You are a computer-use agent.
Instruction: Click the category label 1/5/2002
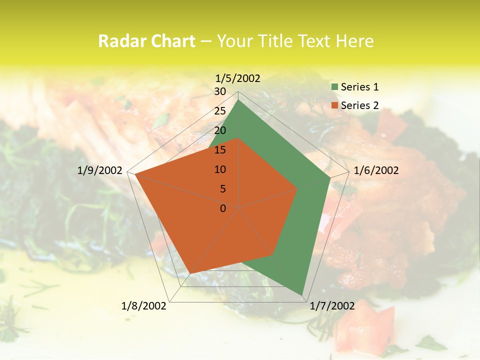[x=237, y=78]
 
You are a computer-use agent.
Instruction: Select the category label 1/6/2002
[x=376, y=171]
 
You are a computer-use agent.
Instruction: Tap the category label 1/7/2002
[x=332, y=306]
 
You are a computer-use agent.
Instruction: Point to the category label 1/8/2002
[x=144, y=306]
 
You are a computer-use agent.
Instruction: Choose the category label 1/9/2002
[x=99, y=171]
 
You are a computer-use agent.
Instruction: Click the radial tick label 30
[x=220, y=91]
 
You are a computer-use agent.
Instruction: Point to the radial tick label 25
[x=220, y=111]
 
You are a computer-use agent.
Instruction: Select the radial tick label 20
[x=220, y=130]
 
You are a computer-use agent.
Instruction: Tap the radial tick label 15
[x=220, y=150]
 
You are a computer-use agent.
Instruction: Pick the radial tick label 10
[x=220, y=169]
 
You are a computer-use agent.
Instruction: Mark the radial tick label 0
[x=223, y=208]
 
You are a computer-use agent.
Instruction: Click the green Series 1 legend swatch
[x=334, y=87]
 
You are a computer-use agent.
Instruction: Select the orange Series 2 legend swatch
[x=334, y=105]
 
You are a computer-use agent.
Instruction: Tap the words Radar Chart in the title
[x=146, y=41]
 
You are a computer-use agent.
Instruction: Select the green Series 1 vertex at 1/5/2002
[x=238, y=100]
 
